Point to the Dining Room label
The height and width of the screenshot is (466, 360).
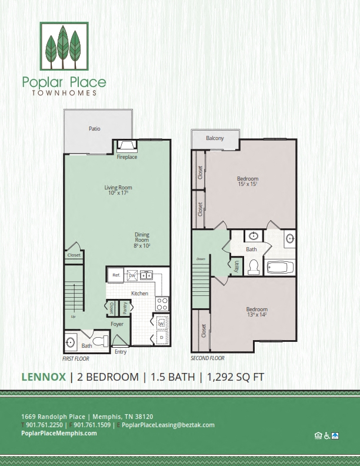click(x=142, y=238)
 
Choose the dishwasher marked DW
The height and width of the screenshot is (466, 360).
click(x=133, y=275)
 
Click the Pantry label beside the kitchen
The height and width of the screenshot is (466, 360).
click(x=125, y=307)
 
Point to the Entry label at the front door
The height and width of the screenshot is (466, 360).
click(x=121, y=352)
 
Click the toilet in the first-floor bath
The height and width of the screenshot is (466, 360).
click(x=102, y=341)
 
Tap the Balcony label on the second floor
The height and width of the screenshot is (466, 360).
click(x=215, y=138)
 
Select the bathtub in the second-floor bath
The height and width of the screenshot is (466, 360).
click(x=280, y=268)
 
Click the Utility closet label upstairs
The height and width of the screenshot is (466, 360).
click(x=236, y=265)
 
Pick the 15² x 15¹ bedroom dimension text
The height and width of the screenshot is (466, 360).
click(x=248, y=184)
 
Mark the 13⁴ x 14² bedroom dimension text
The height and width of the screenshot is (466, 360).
click(x=256, y=315)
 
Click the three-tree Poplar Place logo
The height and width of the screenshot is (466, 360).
click(x=64, y=45)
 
